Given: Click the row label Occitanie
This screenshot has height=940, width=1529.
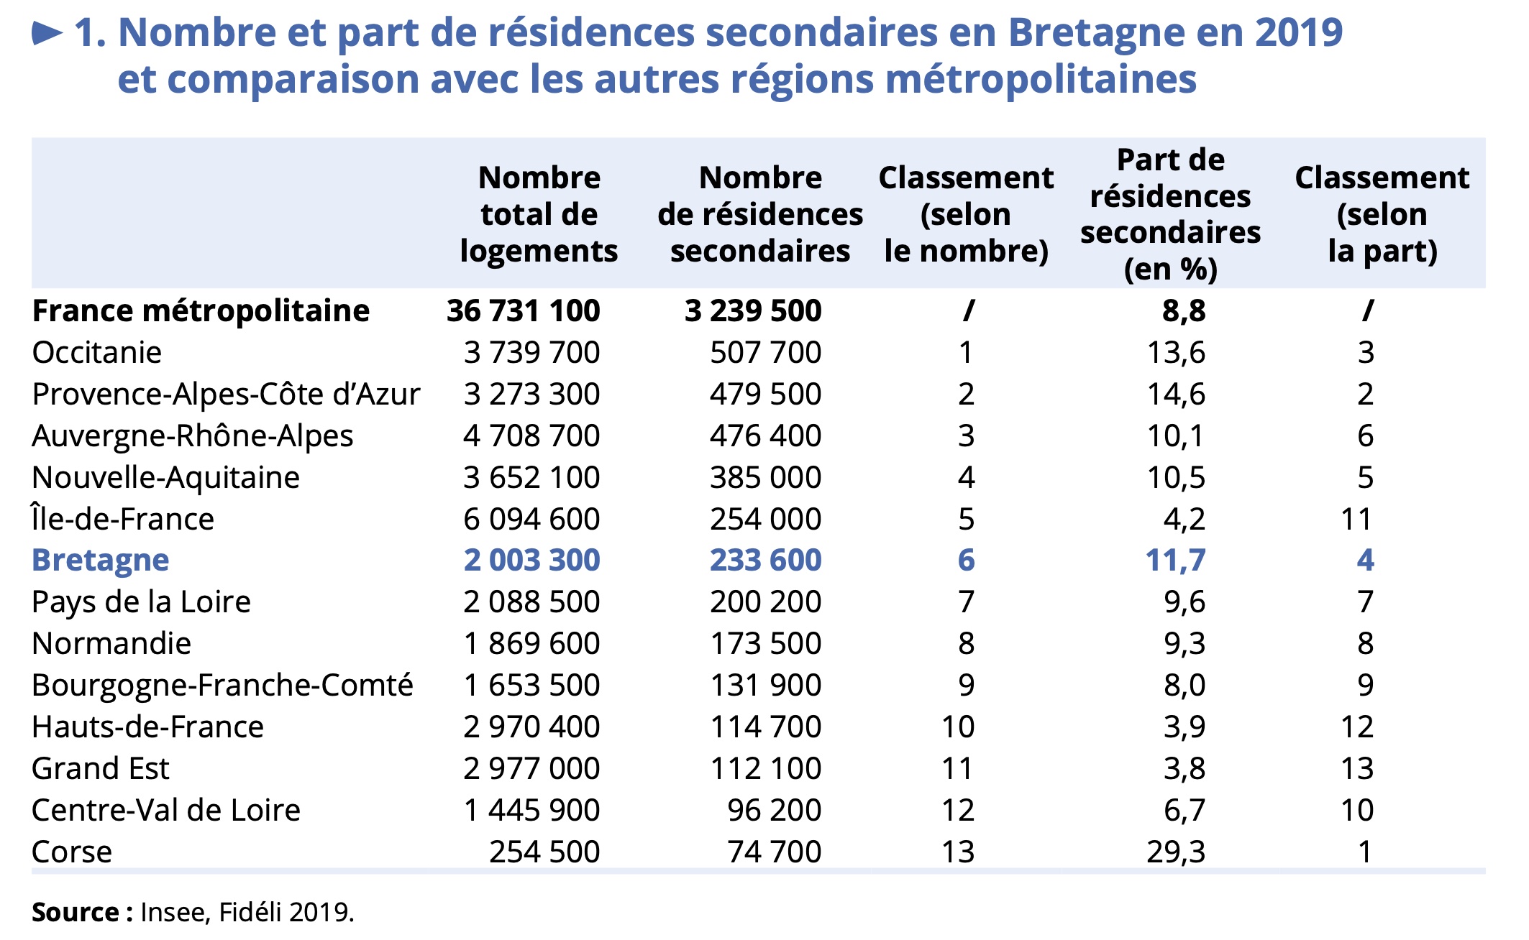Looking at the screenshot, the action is coord(97,353).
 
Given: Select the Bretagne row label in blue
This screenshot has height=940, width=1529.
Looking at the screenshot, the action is coord(101,561).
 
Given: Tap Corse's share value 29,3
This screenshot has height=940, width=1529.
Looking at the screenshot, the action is coord(1176,852).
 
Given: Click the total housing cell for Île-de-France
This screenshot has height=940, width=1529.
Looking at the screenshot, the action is coord(531,519).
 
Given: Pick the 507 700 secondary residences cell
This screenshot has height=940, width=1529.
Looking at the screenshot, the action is coord(765,353).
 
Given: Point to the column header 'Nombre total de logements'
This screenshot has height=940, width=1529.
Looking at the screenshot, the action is coord(539,214).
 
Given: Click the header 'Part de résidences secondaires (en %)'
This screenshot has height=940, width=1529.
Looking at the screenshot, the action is coord(1170,214).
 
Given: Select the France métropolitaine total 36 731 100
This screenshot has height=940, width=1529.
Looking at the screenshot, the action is coord(523,311).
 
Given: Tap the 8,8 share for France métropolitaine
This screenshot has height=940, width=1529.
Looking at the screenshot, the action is coord(1184,311).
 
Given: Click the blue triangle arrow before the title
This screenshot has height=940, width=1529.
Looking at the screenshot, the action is coord(47,33).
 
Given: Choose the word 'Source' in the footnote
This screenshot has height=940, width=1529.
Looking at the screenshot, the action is coord(76,912).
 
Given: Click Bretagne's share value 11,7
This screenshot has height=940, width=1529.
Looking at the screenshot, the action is coord(1176,561).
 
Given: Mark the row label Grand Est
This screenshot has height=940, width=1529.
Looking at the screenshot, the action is coord(101,768).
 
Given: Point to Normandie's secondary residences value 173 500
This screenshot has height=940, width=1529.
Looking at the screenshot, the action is coord(765,644).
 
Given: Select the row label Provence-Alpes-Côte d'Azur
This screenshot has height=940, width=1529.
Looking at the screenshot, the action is coord(226,395).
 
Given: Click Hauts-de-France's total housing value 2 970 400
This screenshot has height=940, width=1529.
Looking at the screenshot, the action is coord(531,727).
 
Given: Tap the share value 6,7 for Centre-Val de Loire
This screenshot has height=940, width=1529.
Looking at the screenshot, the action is coord(1185,810).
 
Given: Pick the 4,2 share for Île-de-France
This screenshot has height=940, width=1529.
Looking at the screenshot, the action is coord(1185,519).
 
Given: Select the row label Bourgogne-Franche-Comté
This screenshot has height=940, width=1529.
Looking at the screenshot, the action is coord(223,686).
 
